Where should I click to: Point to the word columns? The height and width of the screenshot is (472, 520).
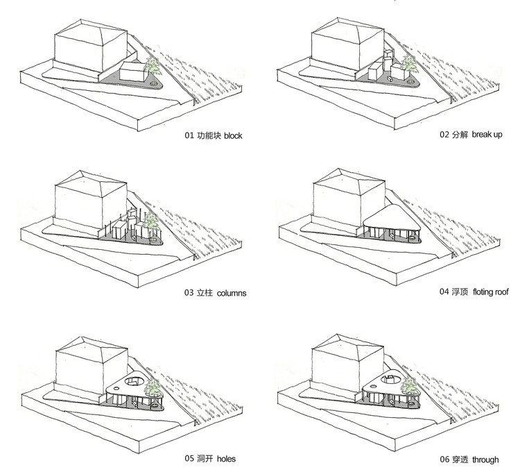(232, 293)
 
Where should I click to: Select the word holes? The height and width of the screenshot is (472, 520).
(227, 459)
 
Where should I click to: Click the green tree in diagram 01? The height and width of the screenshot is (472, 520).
(153, 68)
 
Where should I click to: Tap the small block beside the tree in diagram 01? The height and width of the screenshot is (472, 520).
(131, 71)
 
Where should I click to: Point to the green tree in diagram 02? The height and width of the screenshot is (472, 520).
(412, 67)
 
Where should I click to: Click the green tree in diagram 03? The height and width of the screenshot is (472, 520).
(152, 223)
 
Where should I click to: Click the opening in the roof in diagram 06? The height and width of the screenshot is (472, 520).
(390, 379)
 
